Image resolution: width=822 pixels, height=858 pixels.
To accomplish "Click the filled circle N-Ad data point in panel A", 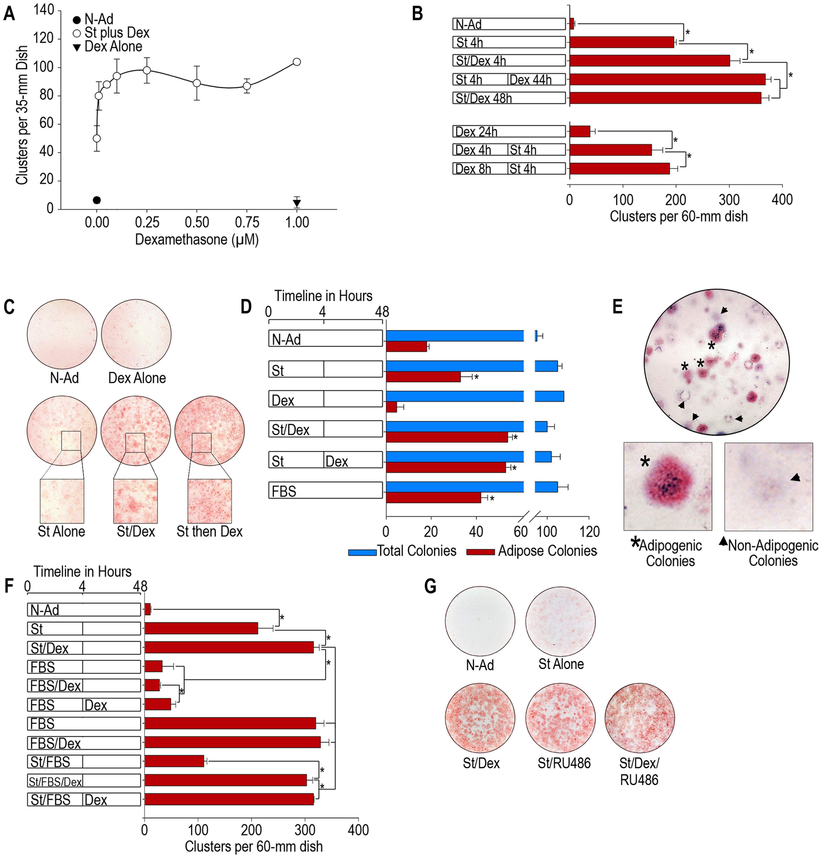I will [x=97, y=200].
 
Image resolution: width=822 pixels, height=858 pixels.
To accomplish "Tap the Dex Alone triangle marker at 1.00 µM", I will [x=297, y=203].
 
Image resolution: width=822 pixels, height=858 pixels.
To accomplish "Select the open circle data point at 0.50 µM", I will [x=197, y=83].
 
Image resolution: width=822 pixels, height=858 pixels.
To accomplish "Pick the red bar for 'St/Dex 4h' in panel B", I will [x=649, y=60].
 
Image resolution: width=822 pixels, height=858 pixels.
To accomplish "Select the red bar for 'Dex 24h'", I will [x=579, y=131].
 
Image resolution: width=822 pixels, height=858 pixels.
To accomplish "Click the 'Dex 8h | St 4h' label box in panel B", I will [x=509, y=169].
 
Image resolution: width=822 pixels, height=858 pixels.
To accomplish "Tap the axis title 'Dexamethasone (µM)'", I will [x=197, y=239].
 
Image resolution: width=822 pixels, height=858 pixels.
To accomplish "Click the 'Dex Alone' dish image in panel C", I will [x=136, y=334].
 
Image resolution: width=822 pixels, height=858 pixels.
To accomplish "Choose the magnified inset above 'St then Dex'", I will [x=209, y=501].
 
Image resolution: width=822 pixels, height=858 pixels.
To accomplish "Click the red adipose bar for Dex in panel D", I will [x=391, y=407].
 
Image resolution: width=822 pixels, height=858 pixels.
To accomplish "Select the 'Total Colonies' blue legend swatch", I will [x=362, y=552].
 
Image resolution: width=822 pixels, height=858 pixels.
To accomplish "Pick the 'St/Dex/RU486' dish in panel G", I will [x=639, y=719].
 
